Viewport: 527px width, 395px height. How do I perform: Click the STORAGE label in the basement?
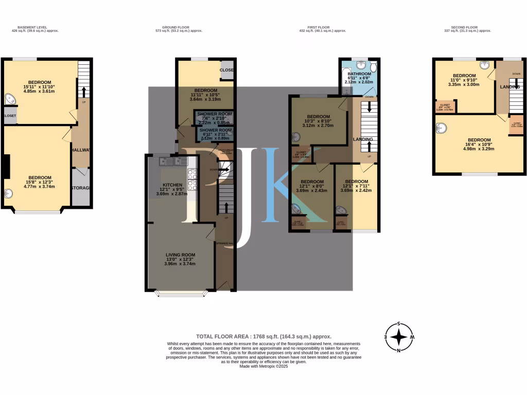point(81,188)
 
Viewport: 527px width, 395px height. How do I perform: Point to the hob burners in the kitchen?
point(192,181)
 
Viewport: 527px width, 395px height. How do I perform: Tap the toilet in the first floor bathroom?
point(373,67)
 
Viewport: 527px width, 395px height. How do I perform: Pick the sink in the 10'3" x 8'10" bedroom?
point(295,137)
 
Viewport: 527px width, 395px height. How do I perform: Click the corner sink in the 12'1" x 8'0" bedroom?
point(296,209)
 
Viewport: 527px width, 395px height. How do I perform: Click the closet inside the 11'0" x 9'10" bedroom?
point(445,106)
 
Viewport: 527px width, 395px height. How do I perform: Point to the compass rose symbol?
point(399,337)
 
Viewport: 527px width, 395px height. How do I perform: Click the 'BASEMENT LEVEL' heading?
point(34,27)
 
